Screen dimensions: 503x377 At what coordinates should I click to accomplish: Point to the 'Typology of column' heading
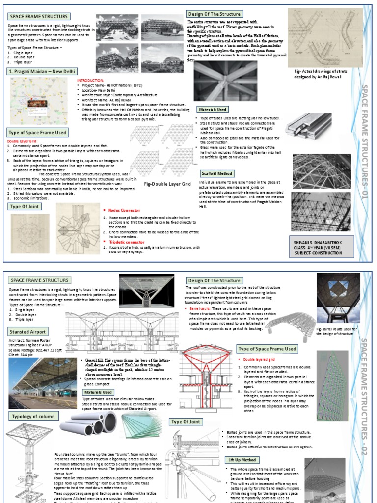pos(31,417)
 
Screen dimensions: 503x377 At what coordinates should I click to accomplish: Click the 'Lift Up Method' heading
pos(242,460)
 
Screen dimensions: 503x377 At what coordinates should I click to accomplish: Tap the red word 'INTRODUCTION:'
pos(90,80)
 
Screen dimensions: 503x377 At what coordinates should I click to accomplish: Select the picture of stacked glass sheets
pos(141,425)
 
